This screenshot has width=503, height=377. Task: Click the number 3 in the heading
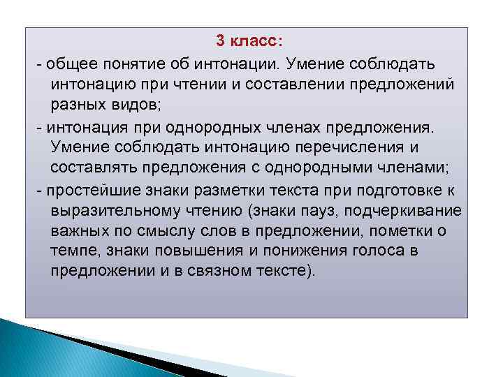pyautogui.click(x=220, y=41)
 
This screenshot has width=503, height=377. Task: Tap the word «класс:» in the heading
pyautogui.click(x=254, y=41)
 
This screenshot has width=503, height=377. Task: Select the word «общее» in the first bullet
pyautogui.click(x=66, y=64)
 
